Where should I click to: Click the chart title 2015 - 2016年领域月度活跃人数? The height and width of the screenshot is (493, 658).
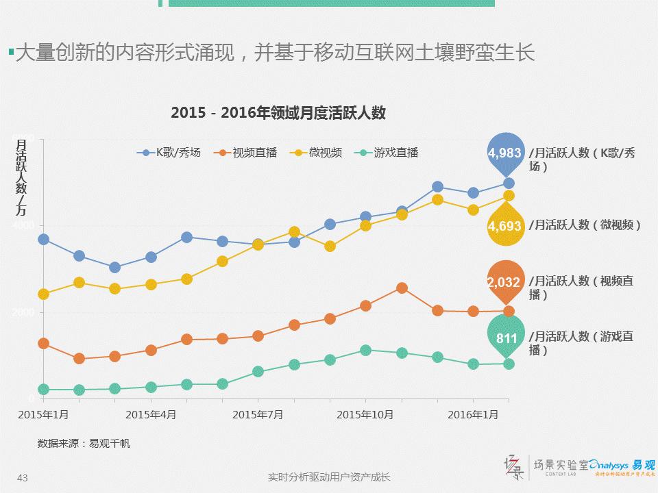278,114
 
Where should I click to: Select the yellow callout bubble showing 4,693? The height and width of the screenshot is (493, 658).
505,225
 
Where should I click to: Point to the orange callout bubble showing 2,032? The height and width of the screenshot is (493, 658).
505,281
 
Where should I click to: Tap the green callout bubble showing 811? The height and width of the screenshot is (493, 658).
506,337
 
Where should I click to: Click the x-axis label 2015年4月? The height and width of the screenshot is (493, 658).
151,414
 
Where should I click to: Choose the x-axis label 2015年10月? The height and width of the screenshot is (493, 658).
365,414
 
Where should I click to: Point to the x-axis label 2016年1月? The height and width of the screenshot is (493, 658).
472,414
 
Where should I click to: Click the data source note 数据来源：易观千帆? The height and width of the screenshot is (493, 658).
84,443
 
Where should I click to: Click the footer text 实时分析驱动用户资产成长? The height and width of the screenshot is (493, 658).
329,477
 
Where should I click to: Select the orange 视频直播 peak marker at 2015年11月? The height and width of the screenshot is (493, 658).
401,288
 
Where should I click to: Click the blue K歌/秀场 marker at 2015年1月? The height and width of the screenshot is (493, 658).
43,239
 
